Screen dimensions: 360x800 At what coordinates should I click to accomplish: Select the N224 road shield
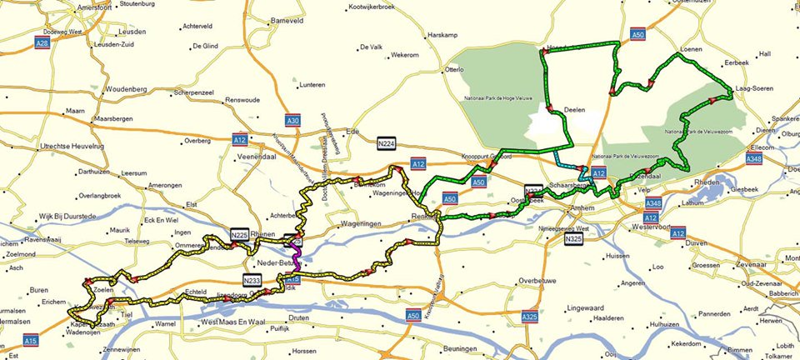[x=386, y=142]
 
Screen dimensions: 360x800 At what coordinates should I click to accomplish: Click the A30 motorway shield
[x=292, y=121]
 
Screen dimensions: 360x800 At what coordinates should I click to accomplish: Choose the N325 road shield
[x=573, y=240]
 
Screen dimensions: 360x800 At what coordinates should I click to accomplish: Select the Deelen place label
[x=574, y=110]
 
